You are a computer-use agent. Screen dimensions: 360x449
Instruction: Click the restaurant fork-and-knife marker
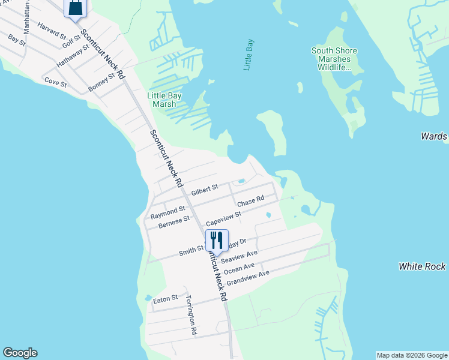click(x=217, y=240)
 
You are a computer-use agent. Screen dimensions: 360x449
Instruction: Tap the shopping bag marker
click(x=76, y=8)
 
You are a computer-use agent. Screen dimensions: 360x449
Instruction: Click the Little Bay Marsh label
click(x=164, y=100)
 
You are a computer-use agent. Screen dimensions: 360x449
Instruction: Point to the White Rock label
click(x=423, y=266)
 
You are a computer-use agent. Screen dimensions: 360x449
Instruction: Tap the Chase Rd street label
click(x=250, y=201)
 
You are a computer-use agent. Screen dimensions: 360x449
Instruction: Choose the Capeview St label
click(x=223, y=218)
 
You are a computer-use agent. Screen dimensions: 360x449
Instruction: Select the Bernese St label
click(x=174, y=222)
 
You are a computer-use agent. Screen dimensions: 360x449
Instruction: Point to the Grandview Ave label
click(x=248, y=277)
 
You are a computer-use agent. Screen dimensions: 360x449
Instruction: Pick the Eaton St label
click(x=166, y=298)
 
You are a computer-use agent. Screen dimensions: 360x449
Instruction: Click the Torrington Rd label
click(x=191, y=314)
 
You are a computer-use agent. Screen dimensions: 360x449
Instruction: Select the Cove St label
click(x=55, y=83)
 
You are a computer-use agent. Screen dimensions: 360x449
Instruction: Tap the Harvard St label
click(x=51, y=29)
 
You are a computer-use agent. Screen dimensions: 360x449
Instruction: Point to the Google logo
click(x=20, y=353)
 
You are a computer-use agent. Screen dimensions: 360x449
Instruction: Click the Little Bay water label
click(x=249, y=55)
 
